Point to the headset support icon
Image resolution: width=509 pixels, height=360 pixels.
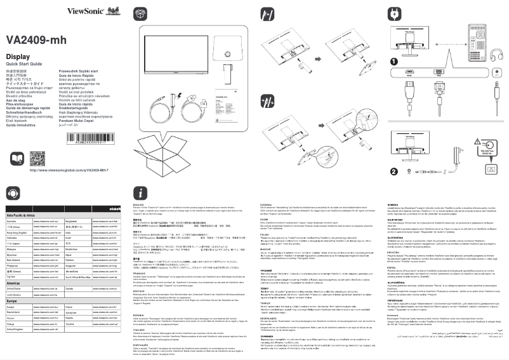pos(12,193)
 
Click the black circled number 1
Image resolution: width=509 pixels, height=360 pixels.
pos(394,62)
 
